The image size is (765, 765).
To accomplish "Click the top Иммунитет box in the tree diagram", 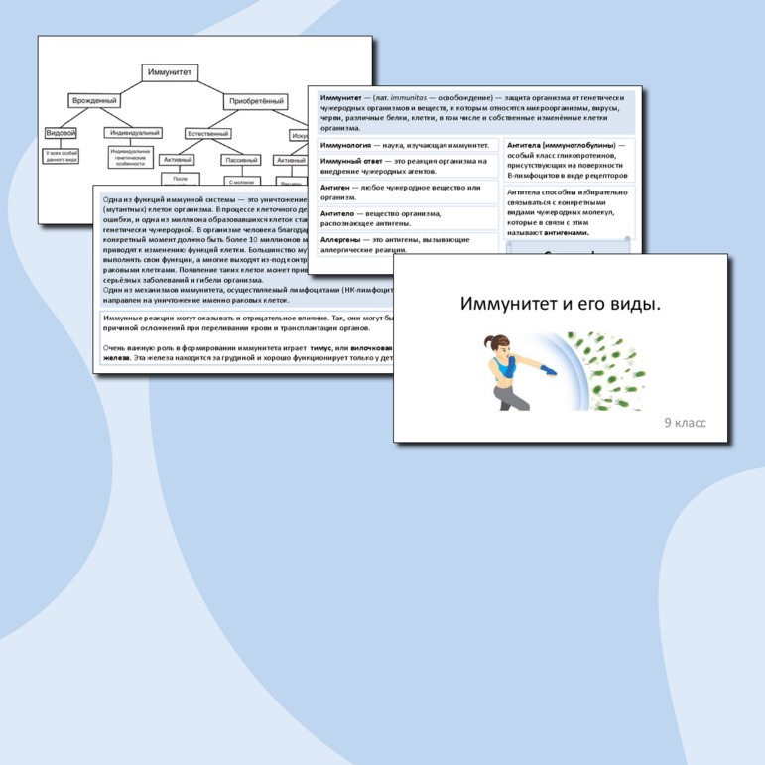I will tap(170, 73).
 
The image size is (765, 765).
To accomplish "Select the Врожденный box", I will tap(94, 101).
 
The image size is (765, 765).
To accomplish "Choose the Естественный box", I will tap(209, 132).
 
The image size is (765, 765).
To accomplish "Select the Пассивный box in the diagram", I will tap(241, 160).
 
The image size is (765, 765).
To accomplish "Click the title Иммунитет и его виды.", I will tap(561, 302).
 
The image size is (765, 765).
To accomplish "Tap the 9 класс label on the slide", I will tap(686, 423).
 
